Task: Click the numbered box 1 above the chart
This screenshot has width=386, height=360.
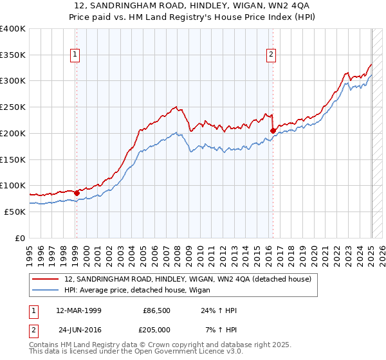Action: pos(76,55)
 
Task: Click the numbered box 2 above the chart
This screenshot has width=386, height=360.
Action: pos(271,55)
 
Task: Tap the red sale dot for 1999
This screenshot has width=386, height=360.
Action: pos(77,192)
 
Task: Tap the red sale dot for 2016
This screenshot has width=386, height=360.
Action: pos(273,130)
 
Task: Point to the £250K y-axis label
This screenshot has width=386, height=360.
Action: pos(12,107)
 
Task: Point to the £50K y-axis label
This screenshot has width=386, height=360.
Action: pos(15,212)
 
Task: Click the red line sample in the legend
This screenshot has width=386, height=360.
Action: pos(46,280)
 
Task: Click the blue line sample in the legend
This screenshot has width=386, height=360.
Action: pos(46,291)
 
